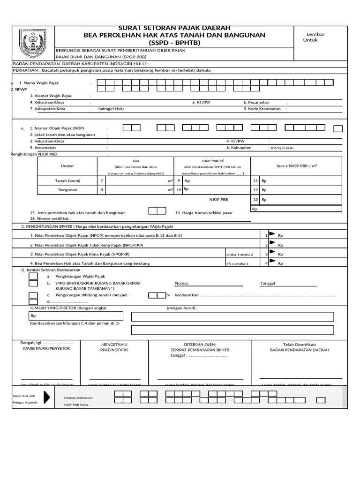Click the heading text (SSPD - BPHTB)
coord(174,43)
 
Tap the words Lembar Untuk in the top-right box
coord(315,37)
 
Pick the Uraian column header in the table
coord(67,166)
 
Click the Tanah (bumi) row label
coord(68,180)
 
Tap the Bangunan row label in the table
coord(67,190)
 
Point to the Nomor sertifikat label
coord(50,218)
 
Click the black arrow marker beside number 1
coord(271,234)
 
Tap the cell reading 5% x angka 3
coord(237,264)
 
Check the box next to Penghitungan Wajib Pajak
coord(33,277)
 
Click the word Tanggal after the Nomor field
coord(268,284)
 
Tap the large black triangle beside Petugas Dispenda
coord(47,397)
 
